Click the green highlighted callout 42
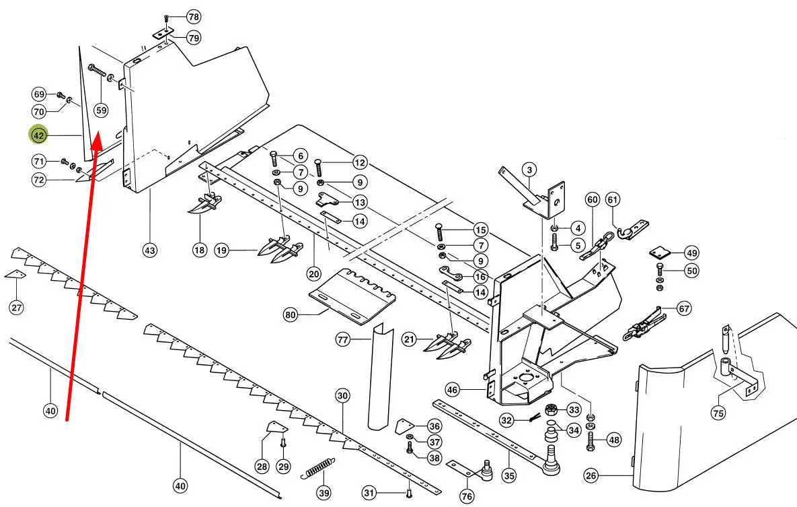pos(38,135)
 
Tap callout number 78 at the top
pos(193,16)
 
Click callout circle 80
pos(290,314)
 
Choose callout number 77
pos(344,341)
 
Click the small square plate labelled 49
pos(660,253)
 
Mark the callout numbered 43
pos(149,250)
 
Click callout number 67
pos(684,308)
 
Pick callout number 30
pos(343,396)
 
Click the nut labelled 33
pos(552,409)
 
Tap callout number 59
pos(101,110)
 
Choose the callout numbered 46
pos(452,389)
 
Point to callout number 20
pos(313,273)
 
